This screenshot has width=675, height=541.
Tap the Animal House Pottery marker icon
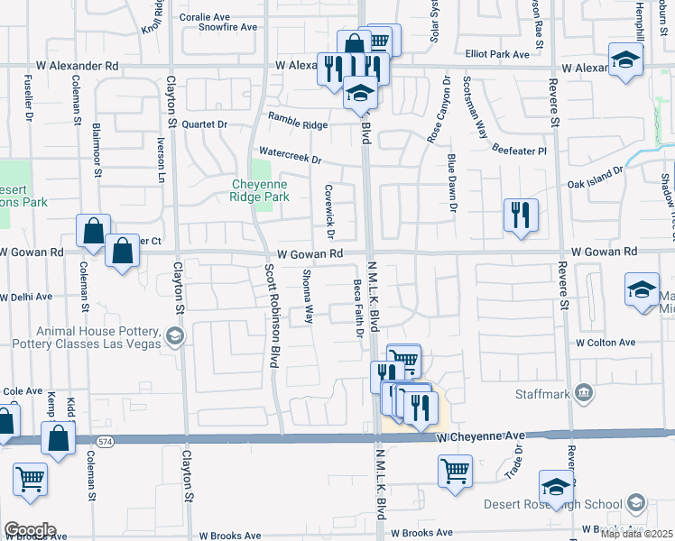[x=174, y=337]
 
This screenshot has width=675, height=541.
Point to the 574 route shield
[x=105, y=440]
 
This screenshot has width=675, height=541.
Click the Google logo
[x=30, y=530]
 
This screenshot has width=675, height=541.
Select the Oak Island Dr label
[x=595, y=177]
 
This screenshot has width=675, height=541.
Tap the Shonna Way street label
[x=308, y=297]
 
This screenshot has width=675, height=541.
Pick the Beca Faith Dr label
[x=358, y=307]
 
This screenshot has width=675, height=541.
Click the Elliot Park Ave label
[x=497, y=55]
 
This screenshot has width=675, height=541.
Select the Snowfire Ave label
[x=228, y=27]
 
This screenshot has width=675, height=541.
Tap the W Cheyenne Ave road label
[x=479, y=436]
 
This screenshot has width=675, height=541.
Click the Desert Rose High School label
[x=564, y=503]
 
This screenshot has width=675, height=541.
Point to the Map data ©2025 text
[x=636, y=534]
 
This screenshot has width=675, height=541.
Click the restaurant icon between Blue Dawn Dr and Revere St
[x=521, y=215]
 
